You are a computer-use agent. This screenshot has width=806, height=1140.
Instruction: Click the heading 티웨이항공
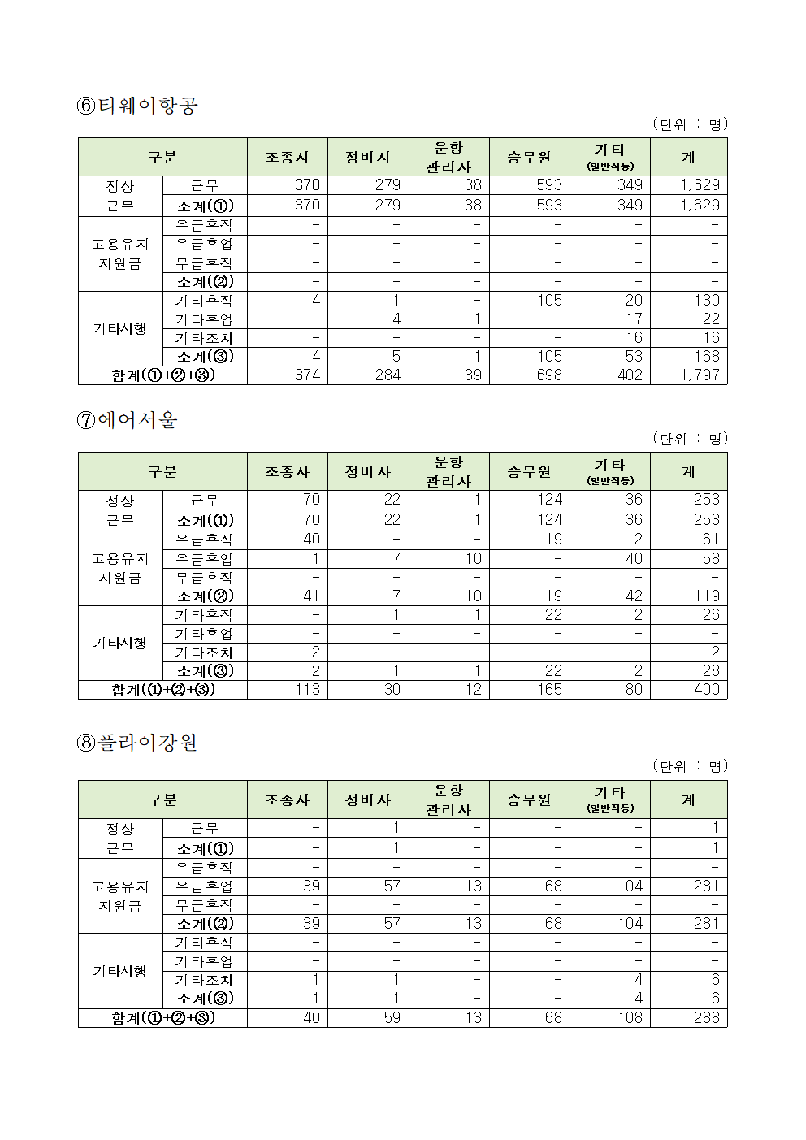click(x=137, y=106)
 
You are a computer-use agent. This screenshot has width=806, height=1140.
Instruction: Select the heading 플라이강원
click(x=137, y=743)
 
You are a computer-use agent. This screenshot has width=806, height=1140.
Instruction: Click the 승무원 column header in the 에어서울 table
click(x=529, y=471)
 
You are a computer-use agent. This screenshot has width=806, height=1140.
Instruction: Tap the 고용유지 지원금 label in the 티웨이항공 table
click(x=120, y=254)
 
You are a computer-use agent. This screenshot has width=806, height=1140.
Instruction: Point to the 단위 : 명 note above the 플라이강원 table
click(x=690, y=766)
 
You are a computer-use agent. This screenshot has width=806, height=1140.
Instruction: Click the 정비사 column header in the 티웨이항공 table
click(x=368, y=157)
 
